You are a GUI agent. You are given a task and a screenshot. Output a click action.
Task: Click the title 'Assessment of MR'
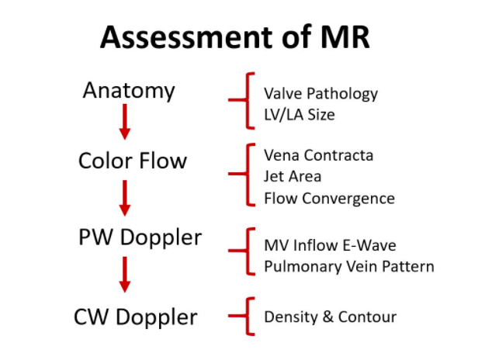[242, 36]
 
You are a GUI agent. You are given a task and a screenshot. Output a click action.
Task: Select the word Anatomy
[129, 91]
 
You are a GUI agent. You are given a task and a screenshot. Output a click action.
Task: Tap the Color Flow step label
[133, 161]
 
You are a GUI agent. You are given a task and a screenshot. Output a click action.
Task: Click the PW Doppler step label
[140, 237]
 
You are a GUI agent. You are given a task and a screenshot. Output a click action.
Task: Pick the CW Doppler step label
[136, 317]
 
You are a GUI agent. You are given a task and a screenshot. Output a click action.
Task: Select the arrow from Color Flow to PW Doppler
[124, 198]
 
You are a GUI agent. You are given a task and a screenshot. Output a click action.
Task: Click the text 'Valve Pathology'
[320, 94]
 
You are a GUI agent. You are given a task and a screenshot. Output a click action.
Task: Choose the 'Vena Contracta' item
[318, 155]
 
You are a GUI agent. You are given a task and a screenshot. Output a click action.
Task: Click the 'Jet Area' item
[293, 177]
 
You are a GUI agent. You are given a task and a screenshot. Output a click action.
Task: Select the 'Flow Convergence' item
[329, 198]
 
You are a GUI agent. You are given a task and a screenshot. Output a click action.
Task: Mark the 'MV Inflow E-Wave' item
[330, 245]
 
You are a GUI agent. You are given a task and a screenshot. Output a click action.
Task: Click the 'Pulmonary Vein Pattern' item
[349, 267]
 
